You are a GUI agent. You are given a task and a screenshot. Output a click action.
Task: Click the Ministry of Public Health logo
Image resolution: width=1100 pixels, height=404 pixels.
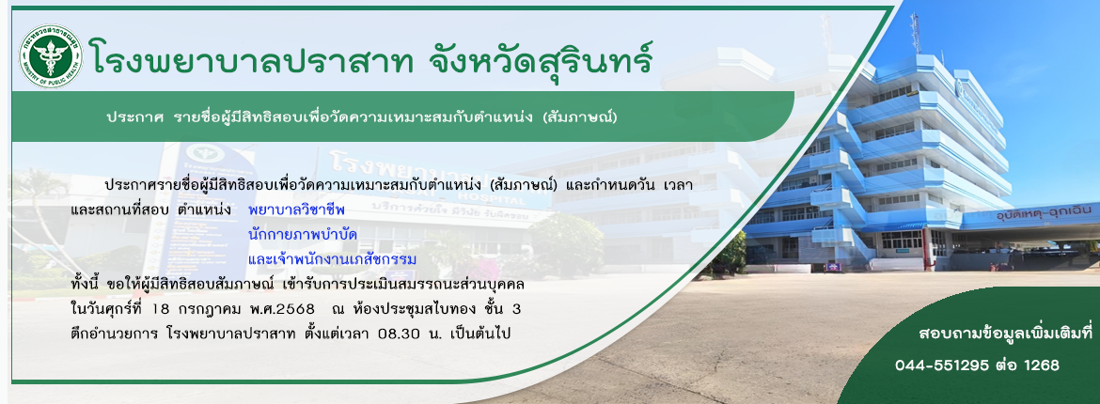pos(51,55)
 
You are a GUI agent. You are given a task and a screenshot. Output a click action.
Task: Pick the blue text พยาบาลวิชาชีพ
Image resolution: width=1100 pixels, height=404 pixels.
pos(297,210)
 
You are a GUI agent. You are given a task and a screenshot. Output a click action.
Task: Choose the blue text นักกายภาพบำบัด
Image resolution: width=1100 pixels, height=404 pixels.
pos(303,235)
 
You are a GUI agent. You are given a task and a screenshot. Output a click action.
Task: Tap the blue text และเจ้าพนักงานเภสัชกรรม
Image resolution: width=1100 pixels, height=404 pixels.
pos(333,260)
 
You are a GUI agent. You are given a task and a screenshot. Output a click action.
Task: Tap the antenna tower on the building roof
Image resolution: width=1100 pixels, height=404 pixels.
pos(915,35)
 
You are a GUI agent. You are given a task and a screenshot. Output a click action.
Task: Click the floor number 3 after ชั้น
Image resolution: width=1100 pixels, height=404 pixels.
pos(515,309)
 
